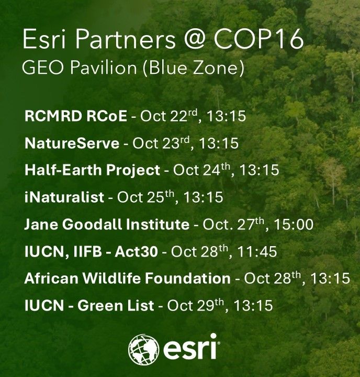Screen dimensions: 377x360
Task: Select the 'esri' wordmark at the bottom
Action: [190, 347]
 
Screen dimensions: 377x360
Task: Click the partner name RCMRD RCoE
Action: [75, 116]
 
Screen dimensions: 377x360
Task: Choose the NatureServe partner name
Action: [72, 143]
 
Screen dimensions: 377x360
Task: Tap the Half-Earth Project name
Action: [92, 170]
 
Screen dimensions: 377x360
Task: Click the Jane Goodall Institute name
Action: [106, 225]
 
